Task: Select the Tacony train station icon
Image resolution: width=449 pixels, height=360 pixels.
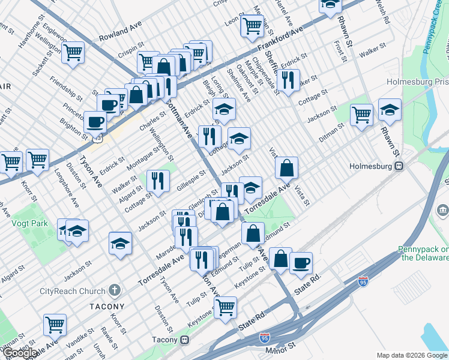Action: coord(185,340)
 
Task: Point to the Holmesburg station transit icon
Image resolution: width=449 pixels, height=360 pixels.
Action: coord(397,166)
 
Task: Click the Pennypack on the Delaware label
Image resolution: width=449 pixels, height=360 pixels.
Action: coord(423,253)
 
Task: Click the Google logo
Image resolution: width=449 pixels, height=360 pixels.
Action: coord(19,353)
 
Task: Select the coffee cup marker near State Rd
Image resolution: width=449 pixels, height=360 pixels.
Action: coord(301,262)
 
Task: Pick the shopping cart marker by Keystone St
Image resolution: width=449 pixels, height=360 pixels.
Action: coord(225,306)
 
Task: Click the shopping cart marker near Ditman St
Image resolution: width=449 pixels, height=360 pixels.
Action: coord(361,113)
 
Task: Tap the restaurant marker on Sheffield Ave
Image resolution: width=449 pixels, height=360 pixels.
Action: coord(288,80)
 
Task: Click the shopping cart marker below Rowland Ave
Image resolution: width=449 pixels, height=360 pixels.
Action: coord(73,52)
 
